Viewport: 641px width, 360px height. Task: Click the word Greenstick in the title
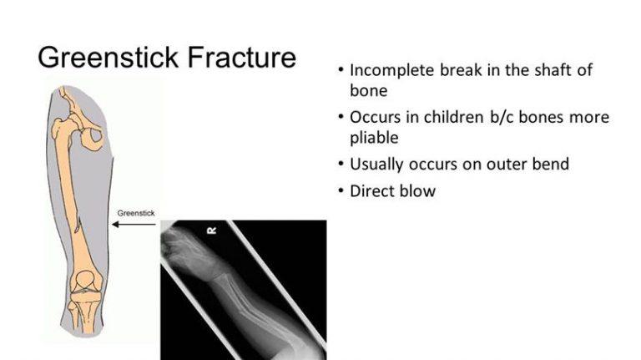point(108,57)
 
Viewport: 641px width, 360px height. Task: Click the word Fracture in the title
point(241,57)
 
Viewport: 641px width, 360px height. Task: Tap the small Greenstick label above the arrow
point(136,213)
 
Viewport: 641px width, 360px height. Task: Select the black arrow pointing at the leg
point(134,224)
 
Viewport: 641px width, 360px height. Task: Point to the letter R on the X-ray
point(212,231)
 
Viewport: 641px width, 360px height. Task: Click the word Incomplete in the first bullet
point(392,70)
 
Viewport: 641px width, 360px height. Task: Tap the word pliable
point(374,138)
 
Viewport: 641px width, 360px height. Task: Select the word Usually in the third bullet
point(376,165)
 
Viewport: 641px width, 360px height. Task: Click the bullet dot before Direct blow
point(341,190)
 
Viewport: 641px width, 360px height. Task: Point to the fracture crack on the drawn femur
point(78,223)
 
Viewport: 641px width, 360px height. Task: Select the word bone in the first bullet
point(368,90)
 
